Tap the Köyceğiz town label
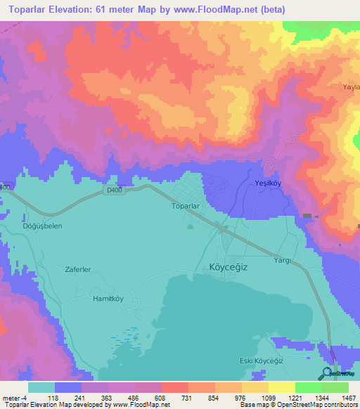point(229,268)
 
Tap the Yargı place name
point(274,259)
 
